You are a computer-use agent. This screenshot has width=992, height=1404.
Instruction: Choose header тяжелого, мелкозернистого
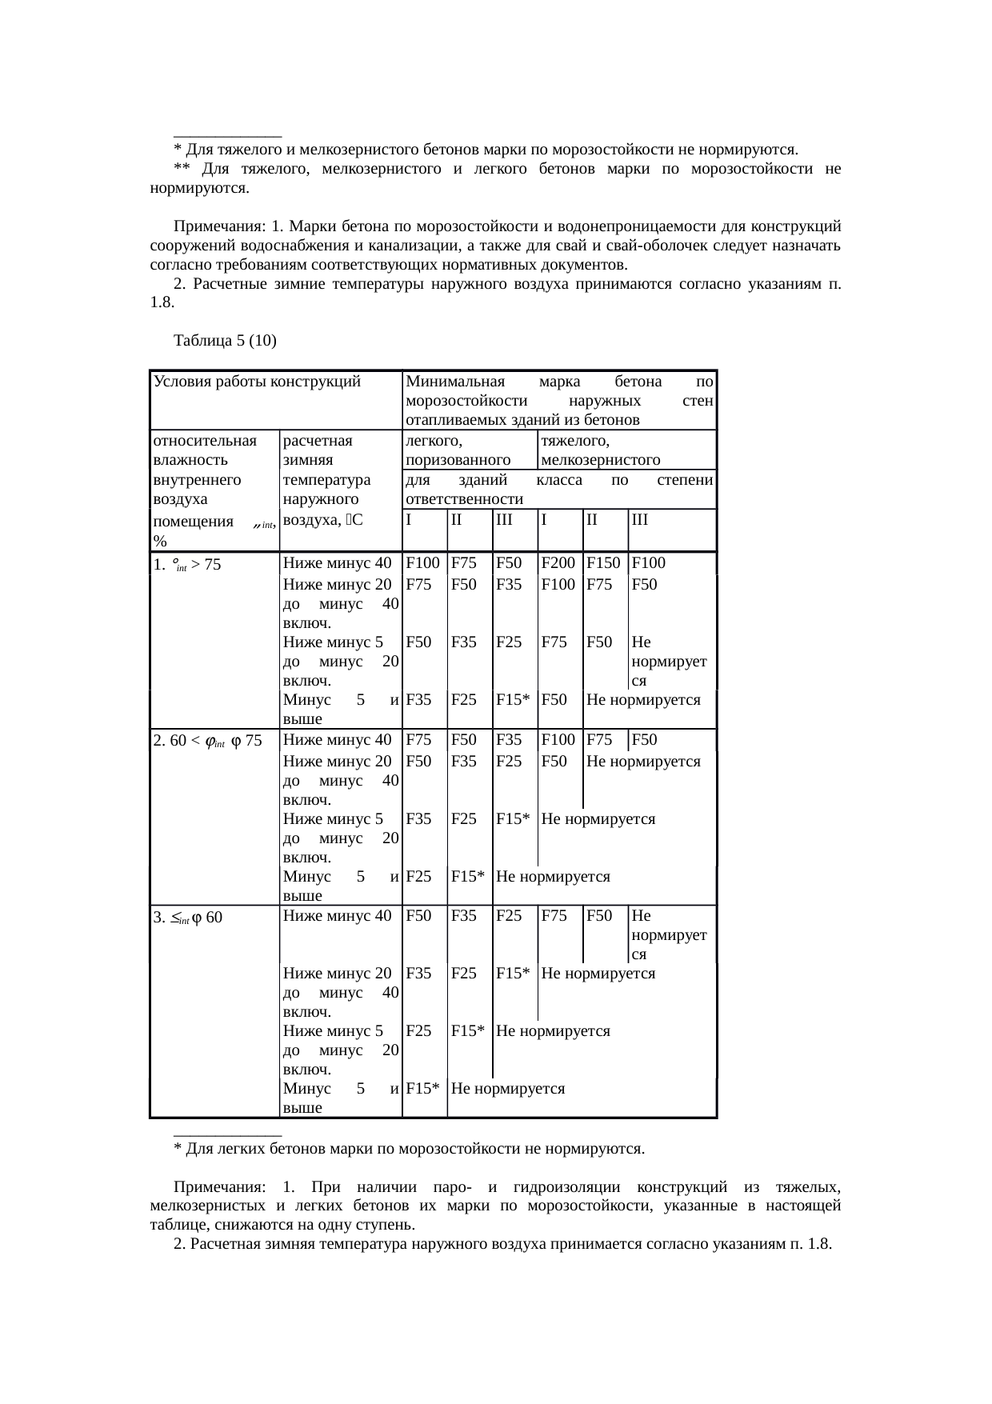point(600,450)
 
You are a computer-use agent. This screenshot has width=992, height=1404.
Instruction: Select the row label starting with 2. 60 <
point(206,741)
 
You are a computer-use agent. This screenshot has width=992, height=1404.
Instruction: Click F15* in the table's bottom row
point(422,1089)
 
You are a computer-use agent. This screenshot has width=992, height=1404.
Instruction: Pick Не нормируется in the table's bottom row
point(508,1089)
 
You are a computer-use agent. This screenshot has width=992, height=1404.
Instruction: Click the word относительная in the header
point(204,441)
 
